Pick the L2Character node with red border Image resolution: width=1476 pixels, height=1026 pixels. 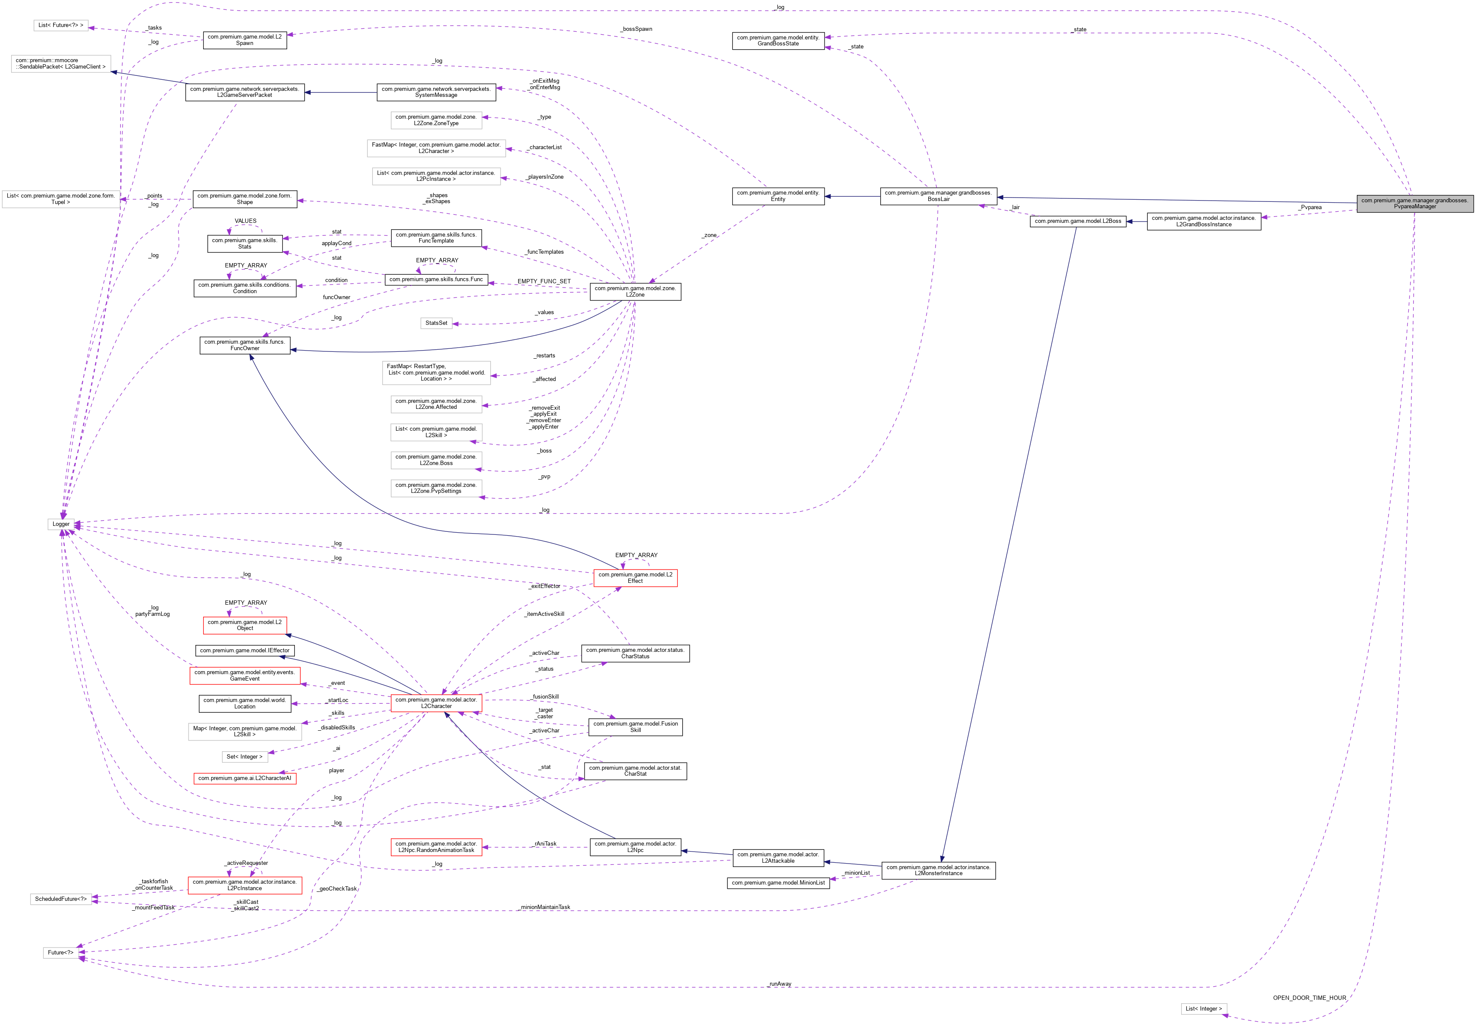tap(436, 703)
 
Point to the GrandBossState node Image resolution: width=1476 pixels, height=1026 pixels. tap(778, 40)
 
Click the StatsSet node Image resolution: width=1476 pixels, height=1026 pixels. tap(436, 323)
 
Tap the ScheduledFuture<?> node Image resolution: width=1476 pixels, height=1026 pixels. tap(60, 899)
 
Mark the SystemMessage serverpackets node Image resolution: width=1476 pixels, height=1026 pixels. tap(436, 92)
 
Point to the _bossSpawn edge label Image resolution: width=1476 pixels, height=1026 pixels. tap(636, 29)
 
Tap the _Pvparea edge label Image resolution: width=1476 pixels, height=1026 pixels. tap(1310, 207)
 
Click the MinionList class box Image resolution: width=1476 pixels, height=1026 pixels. tap(778, 883)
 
